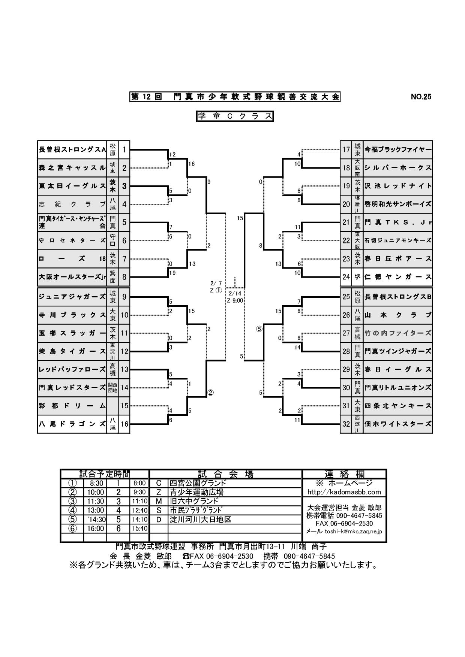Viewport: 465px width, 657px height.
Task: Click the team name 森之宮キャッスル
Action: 72,168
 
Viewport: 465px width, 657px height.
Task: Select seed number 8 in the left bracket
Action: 124,278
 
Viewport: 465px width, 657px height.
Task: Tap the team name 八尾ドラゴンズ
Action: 72,424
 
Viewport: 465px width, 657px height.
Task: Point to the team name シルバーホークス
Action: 398,167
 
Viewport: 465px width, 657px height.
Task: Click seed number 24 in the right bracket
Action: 346,277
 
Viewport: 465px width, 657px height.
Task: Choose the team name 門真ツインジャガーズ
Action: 398,351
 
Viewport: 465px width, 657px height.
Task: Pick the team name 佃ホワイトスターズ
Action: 398,424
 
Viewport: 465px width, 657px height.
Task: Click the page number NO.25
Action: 421,97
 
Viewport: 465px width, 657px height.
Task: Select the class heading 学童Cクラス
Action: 235,116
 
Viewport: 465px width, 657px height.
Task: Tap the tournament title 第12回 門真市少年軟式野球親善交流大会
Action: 235,97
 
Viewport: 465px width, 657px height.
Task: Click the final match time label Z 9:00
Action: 235,300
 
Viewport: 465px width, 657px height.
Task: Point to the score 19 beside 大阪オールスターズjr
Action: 172,273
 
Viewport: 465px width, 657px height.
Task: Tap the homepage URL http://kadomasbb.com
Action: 344,492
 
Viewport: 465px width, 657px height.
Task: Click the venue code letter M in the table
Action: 159,501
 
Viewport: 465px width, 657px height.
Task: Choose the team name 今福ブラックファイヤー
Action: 398,149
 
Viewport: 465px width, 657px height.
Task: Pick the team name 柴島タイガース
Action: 72,351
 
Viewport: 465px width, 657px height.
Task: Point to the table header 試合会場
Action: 225,474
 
